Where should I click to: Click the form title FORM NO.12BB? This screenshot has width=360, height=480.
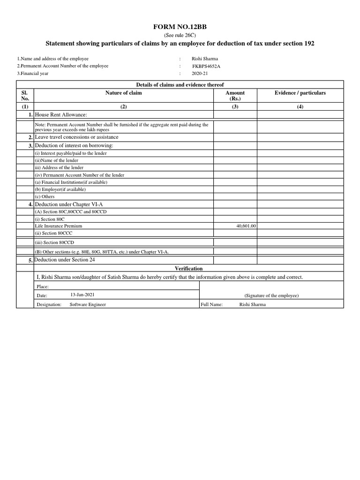180,28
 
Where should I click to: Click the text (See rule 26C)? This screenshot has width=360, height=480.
180,36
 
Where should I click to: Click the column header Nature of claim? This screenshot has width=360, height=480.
123,93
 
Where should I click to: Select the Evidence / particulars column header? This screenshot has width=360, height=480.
300,93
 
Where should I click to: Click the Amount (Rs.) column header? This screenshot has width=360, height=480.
235,96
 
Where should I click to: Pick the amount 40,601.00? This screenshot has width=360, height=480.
247,226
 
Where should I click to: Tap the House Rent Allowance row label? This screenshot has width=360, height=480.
61,115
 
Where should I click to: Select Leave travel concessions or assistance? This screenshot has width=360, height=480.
76,137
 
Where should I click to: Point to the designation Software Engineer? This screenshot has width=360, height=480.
88,304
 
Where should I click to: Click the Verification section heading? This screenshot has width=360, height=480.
189,269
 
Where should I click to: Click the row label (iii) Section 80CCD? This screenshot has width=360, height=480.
54,243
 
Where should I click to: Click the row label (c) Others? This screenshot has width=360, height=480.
45,197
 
